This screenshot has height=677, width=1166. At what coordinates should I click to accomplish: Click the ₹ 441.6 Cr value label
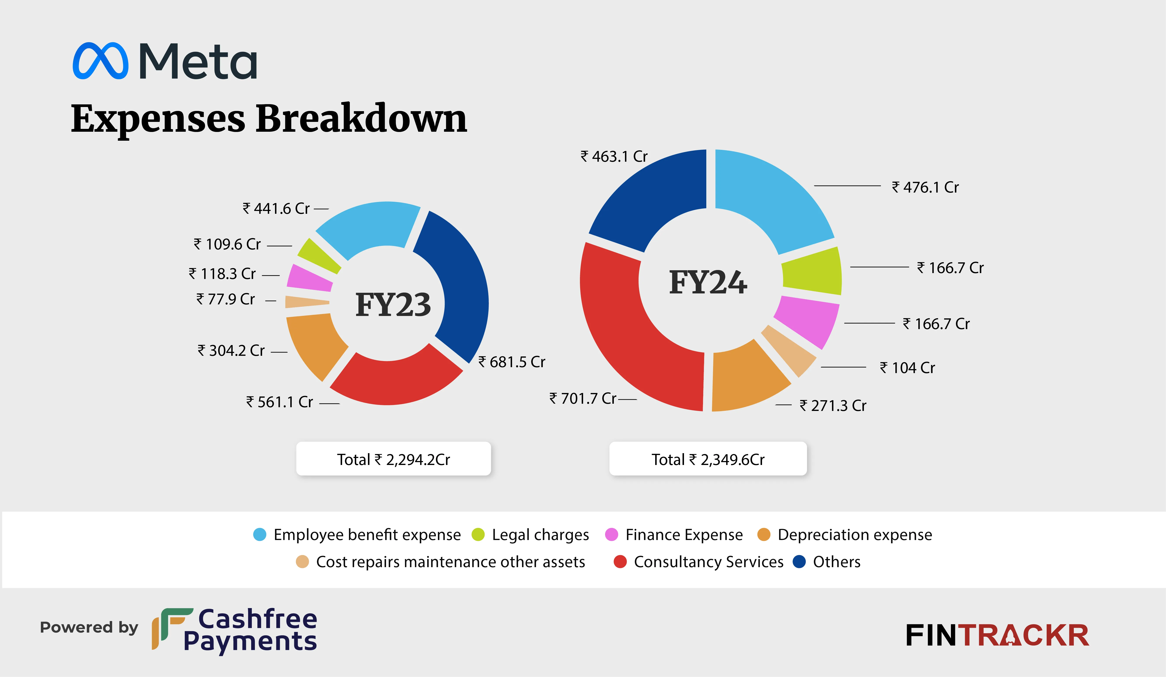click(276, 209)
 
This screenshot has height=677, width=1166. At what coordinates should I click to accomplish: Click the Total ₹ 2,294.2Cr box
click(393, 459)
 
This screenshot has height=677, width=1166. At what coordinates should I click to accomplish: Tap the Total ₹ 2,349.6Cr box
click(708, 459)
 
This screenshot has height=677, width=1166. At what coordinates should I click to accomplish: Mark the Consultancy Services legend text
click(708, 562)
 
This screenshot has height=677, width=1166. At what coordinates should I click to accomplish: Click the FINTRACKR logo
click(997, 635)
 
